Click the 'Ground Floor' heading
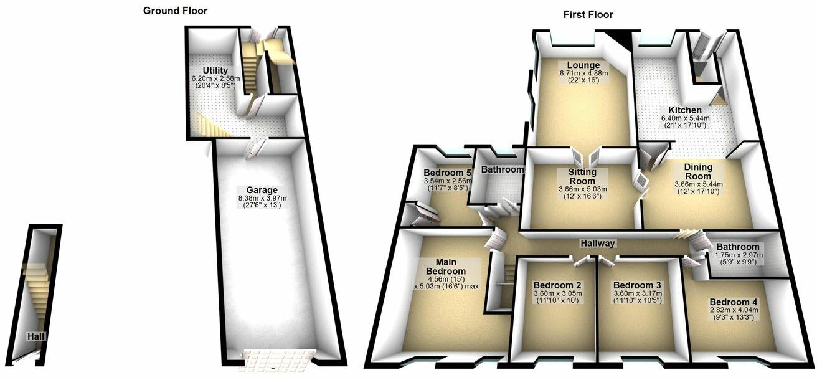pos(175,11)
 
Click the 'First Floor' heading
pos(588,14)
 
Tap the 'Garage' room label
pos(262,190)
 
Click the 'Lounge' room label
pos(583,65)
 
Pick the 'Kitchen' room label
pos(685,110)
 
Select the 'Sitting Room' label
pos(583,176)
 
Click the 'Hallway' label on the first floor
pos(598,244)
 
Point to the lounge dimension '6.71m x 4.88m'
pos(583,74)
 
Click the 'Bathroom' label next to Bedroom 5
pos(503,169)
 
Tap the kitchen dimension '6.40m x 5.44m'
pos(685,118)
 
